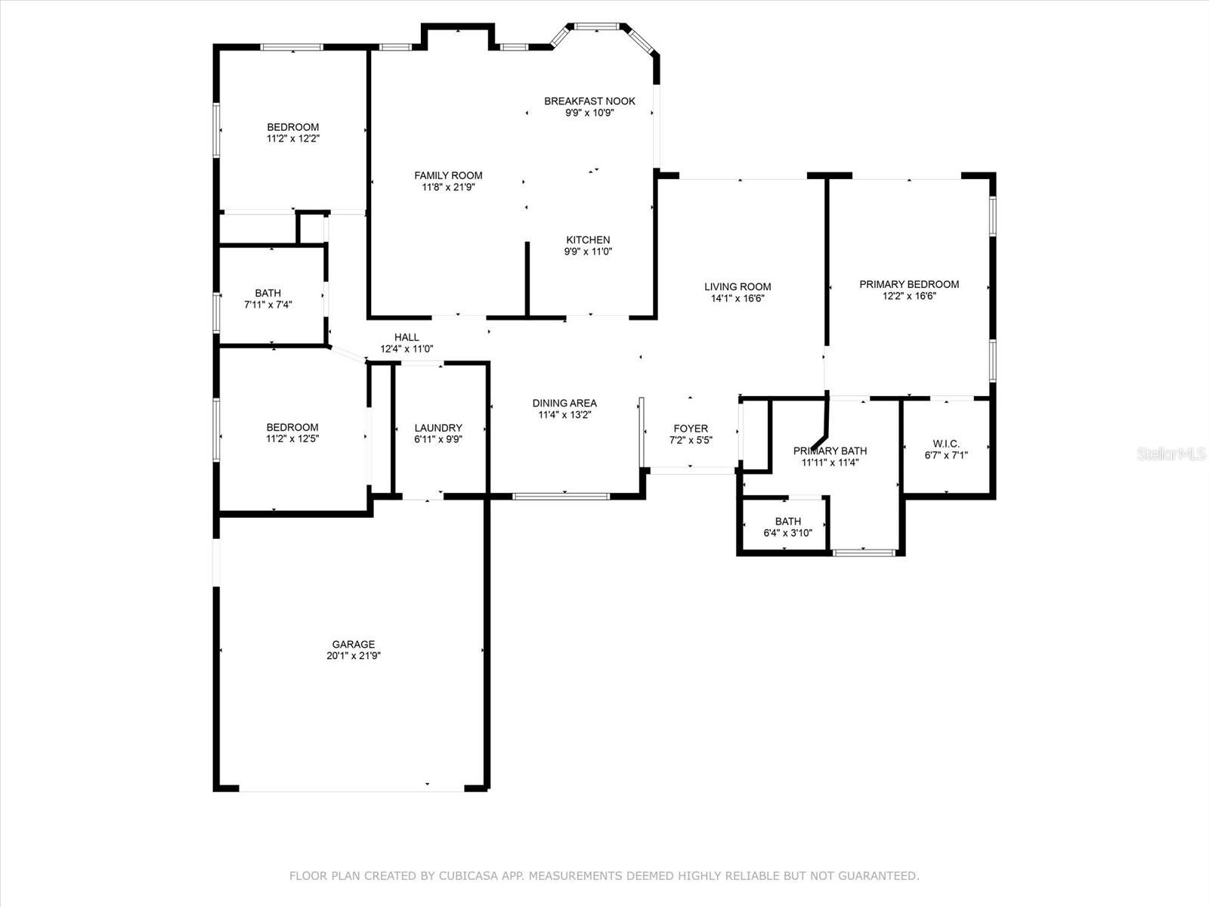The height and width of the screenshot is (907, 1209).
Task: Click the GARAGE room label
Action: [x=353, y=644]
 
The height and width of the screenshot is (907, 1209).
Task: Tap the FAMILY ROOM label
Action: [x=448, y=175]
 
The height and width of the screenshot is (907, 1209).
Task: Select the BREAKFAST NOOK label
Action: [x=589, y=101]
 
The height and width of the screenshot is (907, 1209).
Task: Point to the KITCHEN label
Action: [x=588, y=240]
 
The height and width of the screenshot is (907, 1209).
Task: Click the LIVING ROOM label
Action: [x=737, y=286]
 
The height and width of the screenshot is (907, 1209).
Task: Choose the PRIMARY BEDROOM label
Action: [x=909, y=284]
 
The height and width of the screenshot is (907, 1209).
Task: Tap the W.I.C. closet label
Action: [x=946, y=444]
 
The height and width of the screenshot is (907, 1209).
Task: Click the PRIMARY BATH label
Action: [x=830, y=450]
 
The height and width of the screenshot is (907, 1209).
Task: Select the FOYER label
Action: [x=691, y=429]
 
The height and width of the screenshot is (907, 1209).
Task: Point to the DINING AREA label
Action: [x=564, y=403]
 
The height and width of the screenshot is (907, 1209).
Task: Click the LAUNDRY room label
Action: [x=438, y=428]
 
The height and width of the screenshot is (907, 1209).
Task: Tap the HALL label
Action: [x=407, y=337]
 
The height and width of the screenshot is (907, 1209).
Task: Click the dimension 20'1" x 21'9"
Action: [x=354, y=655]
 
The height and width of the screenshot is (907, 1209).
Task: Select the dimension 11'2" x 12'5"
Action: [x=292, y=439]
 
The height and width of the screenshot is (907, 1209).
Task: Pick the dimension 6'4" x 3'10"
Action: [x=787, y=533]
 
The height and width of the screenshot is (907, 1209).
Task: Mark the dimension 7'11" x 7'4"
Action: [x=268, y=305]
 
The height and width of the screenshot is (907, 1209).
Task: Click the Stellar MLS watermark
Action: [x=1171, y=453]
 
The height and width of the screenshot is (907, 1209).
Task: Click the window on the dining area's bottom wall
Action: [x=561, y=497]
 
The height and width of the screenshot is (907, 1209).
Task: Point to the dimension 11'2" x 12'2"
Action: [x=293, y=139]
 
